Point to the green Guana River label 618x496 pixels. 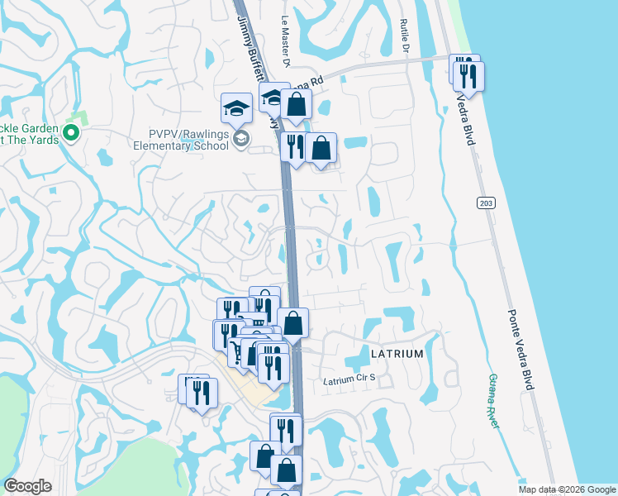pos(492,400)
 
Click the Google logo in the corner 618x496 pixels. pos(27,485)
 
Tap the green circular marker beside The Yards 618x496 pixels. pos(72,132)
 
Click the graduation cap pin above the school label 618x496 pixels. pos(236,107)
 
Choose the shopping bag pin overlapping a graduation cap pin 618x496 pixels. pos(296,105)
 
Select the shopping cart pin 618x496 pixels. pos(237,351)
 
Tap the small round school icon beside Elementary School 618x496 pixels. pos(240,137)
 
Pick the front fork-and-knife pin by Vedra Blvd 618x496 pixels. pos(468,76)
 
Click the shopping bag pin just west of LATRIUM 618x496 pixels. pos(292,322)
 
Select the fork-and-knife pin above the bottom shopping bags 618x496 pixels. pos(286,428)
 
